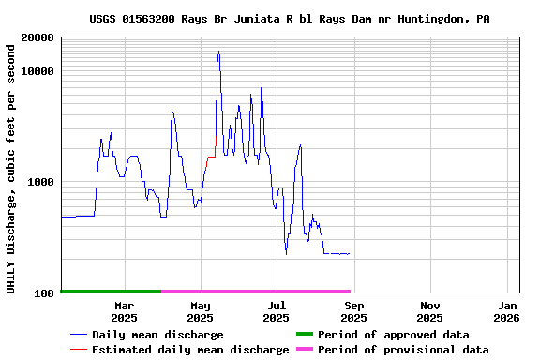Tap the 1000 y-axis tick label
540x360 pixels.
coord(42,182)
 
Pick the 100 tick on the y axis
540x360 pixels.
coord(46,293)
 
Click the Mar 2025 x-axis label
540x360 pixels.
coord(124,311)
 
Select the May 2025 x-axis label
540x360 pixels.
coord(200,311)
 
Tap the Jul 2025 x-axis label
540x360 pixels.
coord(277,311)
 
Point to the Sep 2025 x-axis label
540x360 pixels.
coord(353,311)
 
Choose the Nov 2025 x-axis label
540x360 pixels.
coord(430,311)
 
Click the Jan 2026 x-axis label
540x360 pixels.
coord(507,311)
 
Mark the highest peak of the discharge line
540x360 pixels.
coord(218,52)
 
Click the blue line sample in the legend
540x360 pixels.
coord(79,335)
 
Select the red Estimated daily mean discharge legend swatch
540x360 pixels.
coord(79,350)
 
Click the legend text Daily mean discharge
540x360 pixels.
coord(157,335)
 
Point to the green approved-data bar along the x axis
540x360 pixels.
coord(111,292)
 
